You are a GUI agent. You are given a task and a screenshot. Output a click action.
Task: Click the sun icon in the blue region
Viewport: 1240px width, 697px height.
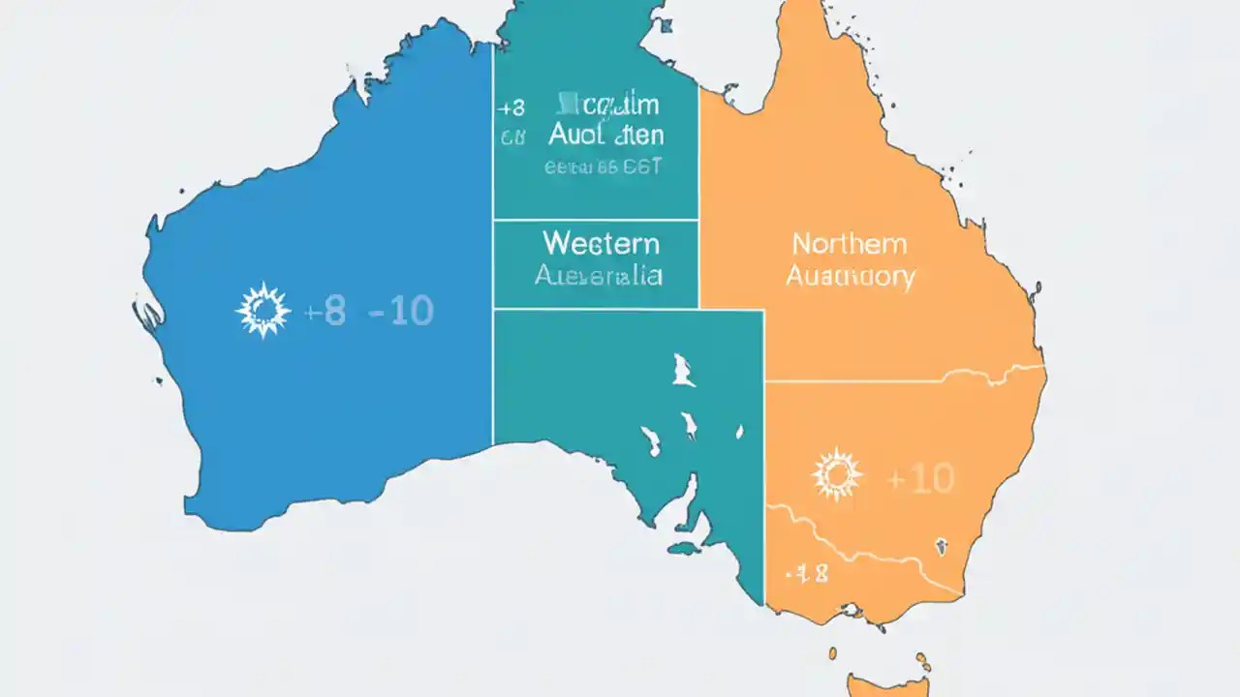(263, 311)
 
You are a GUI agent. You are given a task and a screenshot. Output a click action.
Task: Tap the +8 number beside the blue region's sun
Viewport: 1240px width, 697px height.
(324, 312)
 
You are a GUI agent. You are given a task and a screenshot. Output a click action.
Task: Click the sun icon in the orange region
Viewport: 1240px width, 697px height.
(837, 474)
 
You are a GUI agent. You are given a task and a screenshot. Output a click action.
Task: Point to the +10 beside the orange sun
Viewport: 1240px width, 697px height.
(919, 477)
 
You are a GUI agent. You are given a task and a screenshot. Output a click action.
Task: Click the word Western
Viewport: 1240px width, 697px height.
(601, 242)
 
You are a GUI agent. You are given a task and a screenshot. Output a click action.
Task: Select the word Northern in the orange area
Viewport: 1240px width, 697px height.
(849, 244)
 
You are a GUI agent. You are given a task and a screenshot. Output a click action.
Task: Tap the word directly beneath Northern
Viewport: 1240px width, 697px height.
(850, 277)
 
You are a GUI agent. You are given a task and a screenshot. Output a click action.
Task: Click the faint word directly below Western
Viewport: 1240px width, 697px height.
(599, 276)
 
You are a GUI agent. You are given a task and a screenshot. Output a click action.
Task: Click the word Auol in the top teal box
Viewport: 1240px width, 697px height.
(581, 136)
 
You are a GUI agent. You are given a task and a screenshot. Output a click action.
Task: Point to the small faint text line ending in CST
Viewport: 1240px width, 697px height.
(603, 167)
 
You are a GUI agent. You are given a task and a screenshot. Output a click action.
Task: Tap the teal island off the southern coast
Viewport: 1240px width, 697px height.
(684, 549)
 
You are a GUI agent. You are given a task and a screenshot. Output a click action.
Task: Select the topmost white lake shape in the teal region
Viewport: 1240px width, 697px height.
(682, 369)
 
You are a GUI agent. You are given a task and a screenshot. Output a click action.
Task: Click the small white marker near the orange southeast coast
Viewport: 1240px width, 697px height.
(940, 547)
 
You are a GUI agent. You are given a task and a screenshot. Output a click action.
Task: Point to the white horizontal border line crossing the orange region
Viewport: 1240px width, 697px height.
(901, 380)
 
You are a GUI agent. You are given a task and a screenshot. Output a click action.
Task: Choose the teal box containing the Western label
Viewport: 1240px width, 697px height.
(596, 263)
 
